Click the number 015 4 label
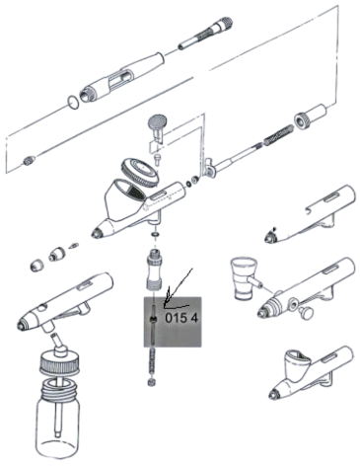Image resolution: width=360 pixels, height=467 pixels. [181, 318]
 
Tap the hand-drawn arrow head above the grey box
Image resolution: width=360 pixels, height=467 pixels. [167, 297]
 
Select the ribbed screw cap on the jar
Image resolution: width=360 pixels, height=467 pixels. [60, 363]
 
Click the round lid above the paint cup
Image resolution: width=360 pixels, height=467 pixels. [140, 172]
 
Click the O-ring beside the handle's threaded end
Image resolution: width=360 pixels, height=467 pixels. [73, 102]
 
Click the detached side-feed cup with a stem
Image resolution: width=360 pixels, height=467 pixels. [245, 279]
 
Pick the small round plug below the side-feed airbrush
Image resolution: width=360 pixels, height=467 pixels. [306, 312]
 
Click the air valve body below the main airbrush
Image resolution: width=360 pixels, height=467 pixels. [155, 270]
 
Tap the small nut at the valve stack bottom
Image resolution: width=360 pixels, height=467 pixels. [152, 382]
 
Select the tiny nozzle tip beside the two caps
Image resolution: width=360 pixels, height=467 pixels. [73, 245]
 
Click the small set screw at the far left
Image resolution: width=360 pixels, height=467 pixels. [29, 161]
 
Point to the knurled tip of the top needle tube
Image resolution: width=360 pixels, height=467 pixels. [226, 24]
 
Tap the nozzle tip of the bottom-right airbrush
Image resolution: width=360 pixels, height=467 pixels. [272, 394]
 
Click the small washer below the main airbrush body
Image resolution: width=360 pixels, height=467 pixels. [155, 235]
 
